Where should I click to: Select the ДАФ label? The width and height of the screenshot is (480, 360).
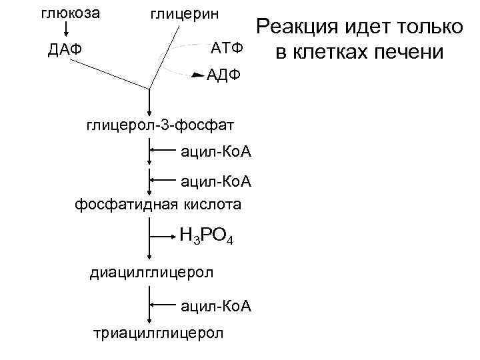click(x=65, y=50)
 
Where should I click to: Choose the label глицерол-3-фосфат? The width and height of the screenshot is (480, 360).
click(x=159, y=125)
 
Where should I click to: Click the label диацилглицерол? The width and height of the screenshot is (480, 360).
click(x=151, y=272)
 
